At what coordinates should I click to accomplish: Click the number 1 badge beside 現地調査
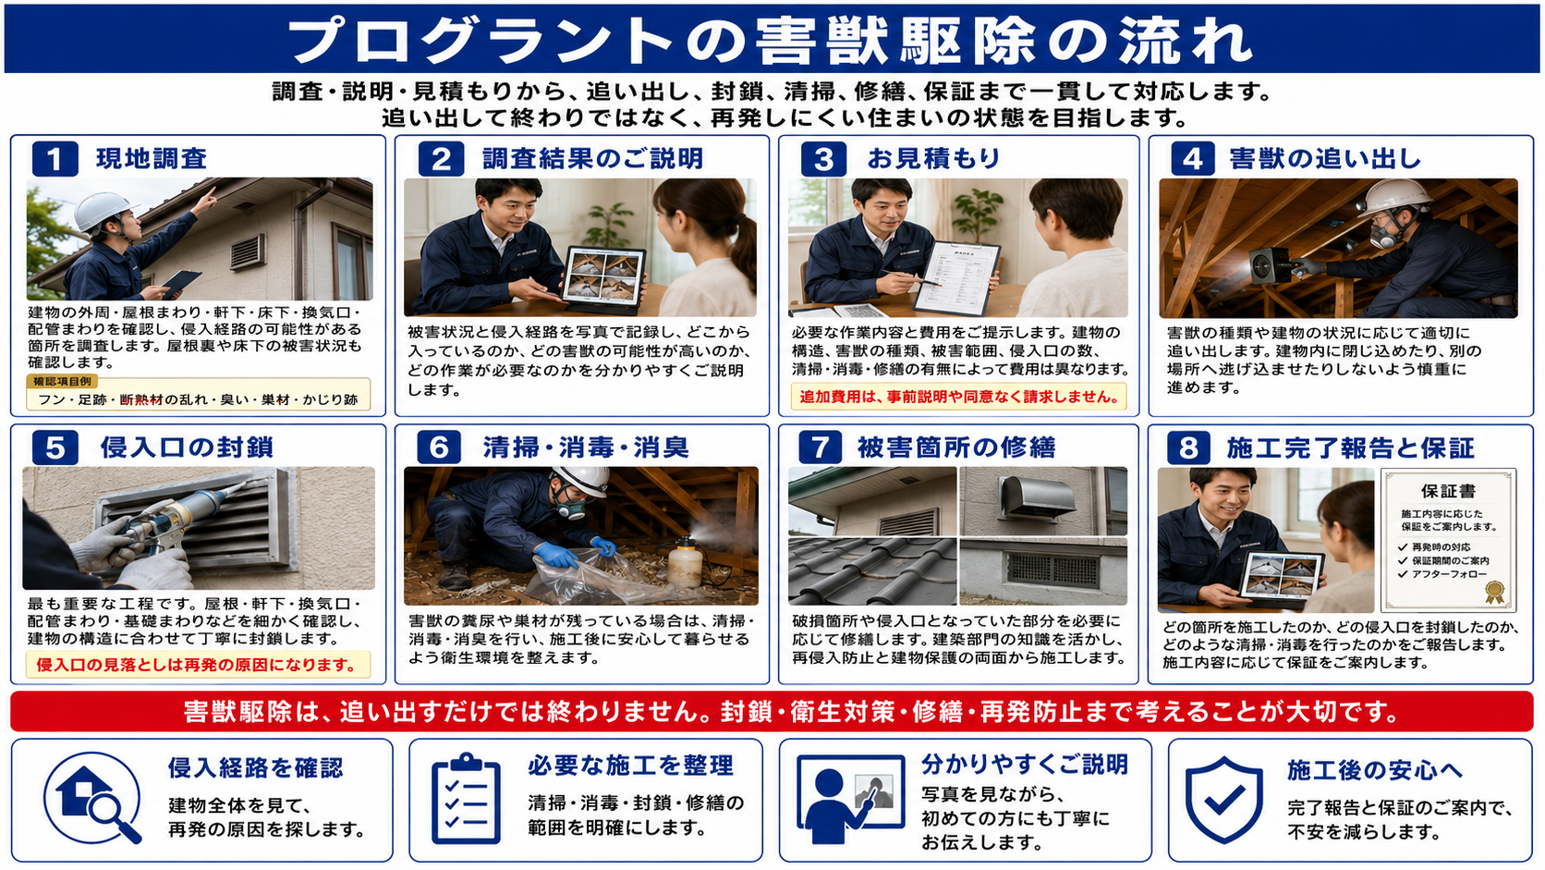(55, 159)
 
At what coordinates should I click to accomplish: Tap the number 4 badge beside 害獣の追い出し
(1193, 159)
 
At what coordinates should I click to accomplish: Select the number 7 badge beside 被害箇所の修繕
(821, 447)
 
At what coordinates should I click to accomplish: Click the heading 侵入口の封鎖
(187, 447)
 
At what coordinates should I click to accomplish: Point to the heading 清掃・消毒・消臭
(586, 447)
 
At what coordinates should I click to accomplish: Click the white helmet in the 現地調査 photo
(103, 210)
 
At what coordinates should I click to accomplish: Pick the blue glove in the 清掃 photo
(556, 554)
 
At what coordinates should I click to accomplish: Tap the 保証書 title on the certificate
(1449, 491)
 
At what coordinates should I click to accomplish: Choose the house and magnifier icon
(94, 798)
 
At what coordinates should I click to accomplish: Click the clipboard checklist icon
(467, 799)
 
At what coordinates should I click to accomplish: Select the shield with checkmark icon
(1224, 800)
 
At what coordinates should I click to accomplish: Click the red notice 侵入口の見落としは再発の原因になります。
(196, 665)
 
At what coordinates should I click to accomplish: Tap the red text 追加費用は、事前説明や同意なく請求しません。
(959, 397)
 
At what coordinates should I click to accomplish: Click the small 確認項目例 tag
(61, 381)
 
